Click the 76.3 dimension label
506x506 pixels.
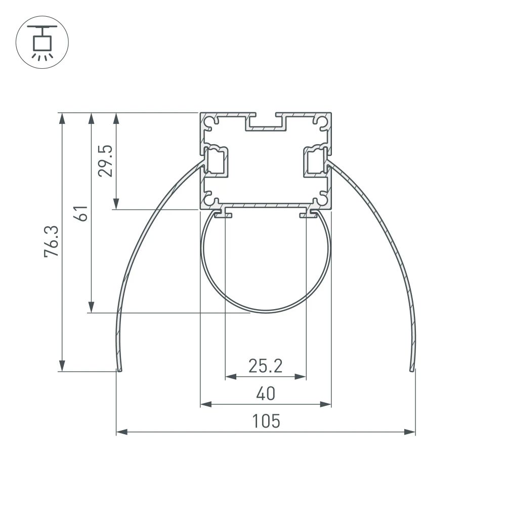click(x=52, y=242)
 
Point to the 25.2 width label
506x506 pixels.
click(x=265, y=365)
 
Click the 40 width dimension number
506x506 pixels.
click(x=265, y=393)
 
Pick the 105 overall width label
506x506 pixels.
click(x=265, y=421)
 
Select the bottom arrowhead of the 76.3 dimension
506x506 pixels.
click(x=62, y=366)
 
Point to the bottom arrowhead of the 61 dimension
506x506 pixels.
click(x=91, y=307)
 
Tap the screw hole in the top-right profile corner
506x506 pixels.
click(x=322, y=121)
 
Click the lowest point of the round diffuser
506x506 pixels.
click(x=266, y=312)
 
